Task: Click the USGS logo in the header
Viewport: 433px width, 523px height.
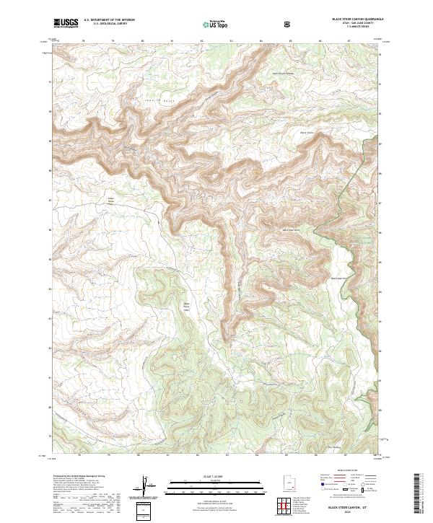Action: click(x=66, y=23)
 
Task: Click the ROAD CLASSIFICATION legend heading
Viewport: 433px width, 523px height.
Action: click(x=346, y=470)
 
